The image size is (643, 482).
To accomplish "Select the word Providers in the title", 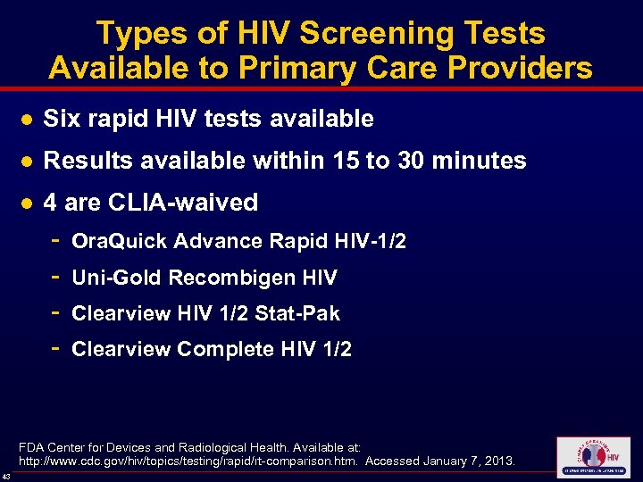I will [x=510, y=68].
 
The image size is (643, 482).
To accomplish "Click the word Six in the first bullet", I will [x=61, y=118].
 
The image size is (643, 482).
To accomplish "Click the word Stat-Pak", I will [x=297, y=313].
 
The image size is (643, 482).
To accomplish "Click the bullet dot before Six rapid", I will [x=28, y=119].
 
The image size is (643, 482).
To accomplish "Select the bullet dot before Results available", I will [x=28, y=162].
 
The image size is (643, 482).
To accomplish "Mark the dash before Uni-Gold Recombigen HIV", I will [x=55, y=278].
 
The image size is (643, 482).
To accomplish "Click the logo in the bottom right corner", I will [x=592, y=457].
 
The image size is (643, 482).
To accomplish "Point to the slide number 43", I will [x=6, y=475].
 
